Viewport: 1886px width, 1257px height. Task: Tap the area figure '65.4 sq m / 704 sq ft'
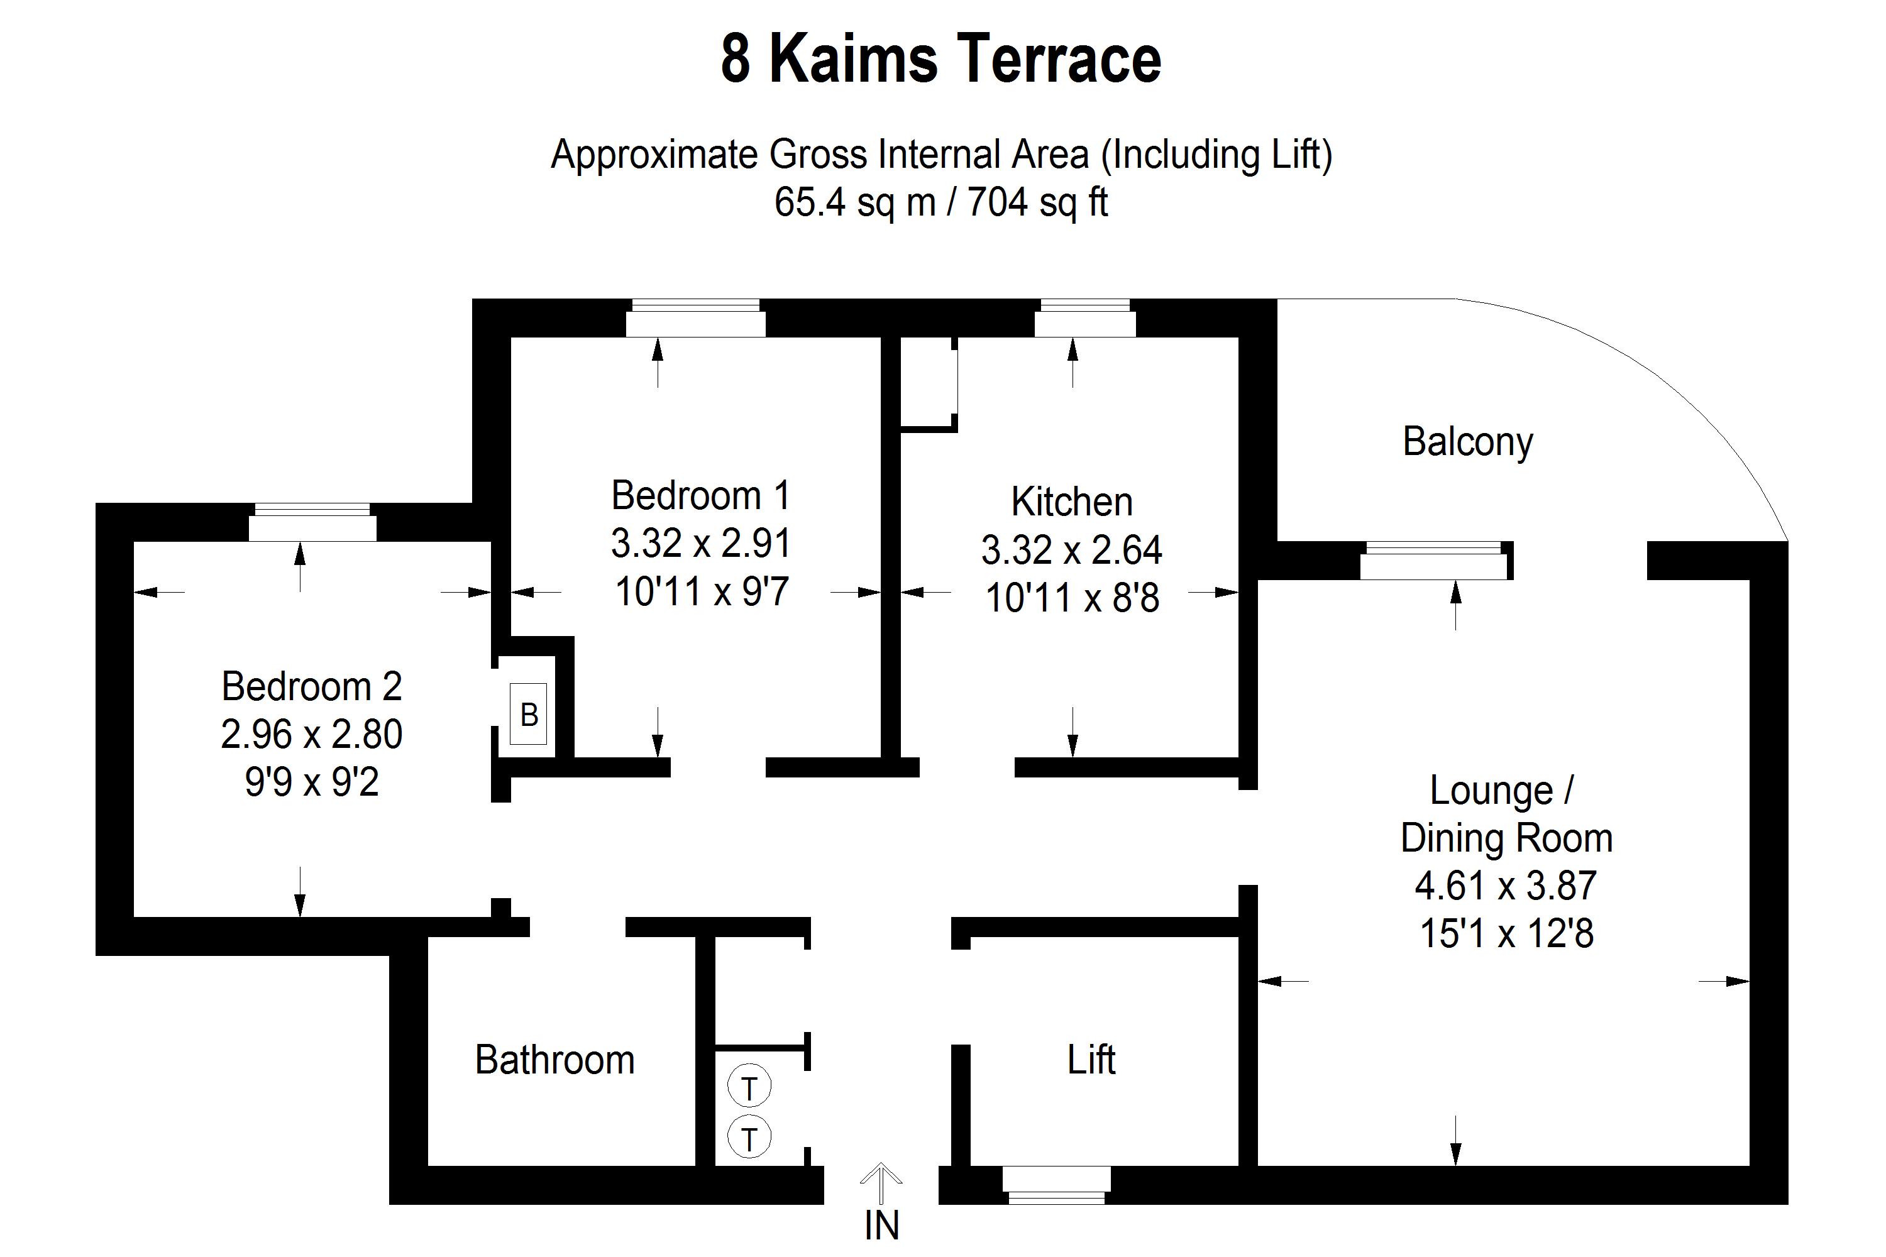click(x=940, y=202)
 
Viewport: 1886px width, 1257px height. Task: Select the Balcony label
click(x=1467, y=442)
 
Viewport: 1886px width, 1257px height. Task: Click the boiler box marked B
click(x=529, y=714)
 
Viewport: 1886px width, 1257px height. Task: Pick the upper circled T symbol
click(x=749, y=1088)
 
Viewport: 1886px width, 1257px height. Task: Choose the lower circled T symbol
click(x=749, y=1138)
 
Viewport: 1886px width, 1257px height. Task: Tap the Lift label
click(x=1091, y=1060)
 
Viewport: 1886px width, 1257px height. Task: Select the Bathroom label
click(x=555, y=1060)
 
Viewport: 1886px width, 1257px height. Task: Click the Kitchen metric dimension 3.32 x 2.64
click(x=1071, y=551)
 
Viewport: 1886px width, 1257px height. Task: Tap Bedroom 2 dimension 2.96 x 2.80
click(x=311, y=734)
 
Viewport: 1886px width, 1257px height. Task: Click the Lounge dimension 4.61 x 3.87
click(x=1506, y=886)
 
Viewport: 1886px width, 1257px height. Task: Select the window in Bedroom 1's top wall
click(x=695, y=318)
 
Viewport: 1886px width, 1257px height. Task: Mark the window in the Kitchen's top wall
click(x=1085, y=318)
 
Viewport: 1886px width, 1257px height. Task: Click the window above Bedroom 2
click(x=312, y=523)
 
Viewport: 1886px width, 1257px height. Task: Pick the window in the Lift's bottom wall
click(x=1056, y=1184)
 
